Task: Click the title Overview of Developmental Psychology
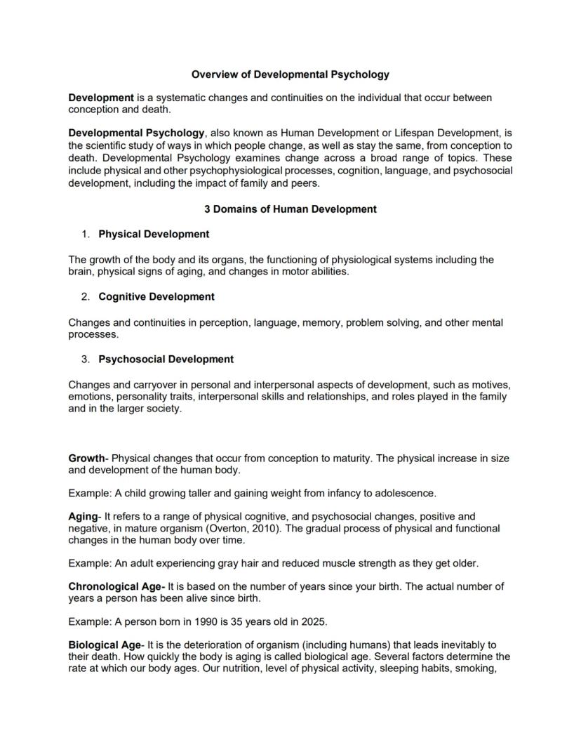tap(290, 74)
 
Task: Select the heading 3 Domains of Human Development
tap(290, 209)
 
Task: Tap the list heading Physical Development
tap(154, 234)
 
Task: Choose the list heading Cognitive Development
tap(156, 296)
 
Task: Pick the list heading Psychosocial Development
tap(166, 359)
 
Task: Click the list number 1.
tap(85, 234)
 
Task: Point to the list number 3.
tap(85, 359)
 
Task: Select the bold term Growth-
tap(88, 458)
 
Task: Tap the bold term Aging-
tap(85, 516)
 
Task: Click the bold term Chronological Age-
tap(116, 586)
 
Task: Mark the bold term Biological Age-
tap(106, 645)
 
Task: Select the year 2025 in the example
tap(315, 621)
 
